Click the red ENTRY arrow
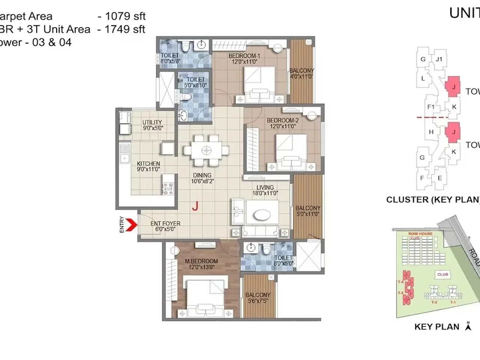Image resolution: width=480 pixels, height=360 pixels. [x=130, y=225]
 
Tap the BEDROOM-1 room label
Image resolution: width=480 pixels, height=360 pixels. [x=244, y=56]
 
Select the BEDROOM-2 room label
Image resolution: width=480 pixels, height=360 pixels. [x=282, y=120]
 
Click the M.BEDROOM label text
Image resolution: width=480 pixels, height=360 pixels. [x=201, y=261]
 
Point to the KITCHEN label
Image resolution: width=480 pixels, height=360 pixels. [x=148, y=163]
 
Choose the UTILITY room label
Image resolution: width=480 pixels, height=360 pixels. [x=152, y=122]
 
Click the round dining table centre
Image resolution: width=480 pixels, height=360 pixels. [x=206, y=150]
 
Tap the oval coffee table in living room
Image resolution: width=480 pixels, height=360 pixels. [x=262, y=215]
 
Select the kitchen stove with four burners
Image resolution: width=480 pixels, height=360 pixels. [x=168, y=188]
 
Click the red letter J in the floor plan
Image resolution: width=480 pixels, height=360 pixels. [x=195, y=206]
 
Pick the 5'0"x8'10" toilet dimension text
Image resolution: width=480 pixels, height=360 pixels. [x=195, y=85]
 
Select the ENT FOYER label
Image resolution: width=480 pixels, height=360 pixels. [x=165, y=223]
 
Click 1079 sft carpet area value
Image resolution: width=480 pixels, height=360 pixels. [x=125, y=16]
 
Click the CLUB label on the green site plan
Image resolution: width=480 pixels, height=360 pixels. [x=442, y=274]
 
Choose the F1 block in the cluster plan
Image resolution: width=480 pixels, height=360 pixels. [x=431, y=107]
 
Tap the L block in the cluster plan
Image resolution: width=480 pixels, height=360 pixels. [x=423, y=78]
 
